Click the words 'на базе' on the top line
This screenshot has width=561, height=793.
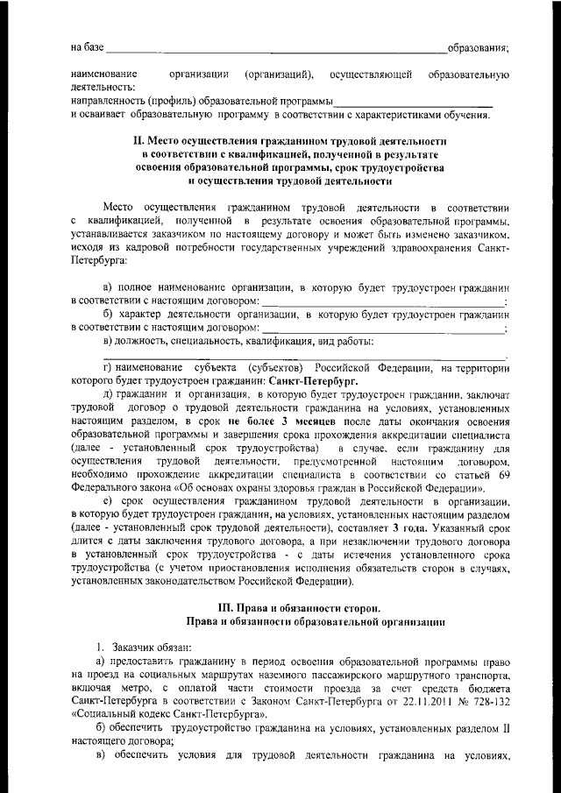89,46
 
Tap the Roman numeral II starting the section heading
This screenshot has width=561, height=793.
137,140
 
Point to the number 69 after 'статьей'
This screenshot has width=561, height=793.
501,474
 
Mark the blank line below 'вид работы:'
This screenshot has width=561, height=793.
303,357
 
